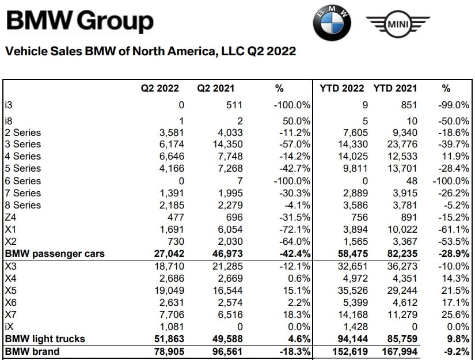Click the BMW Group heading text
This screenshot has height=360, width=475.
pyautogui.click(x=80, y=21)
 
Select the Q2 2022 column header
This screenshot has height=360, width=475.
pyautogui.click(x=160, y=88)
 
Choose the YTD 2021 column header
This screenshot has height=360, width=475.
pyautogui.click(x=395, y=88)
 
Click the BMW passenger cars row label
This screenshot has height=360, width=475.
pyautogui.click(x=55, y=253)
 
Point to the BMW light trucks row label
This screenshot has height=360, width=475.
pyautogui.click(x=44, y=338)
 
